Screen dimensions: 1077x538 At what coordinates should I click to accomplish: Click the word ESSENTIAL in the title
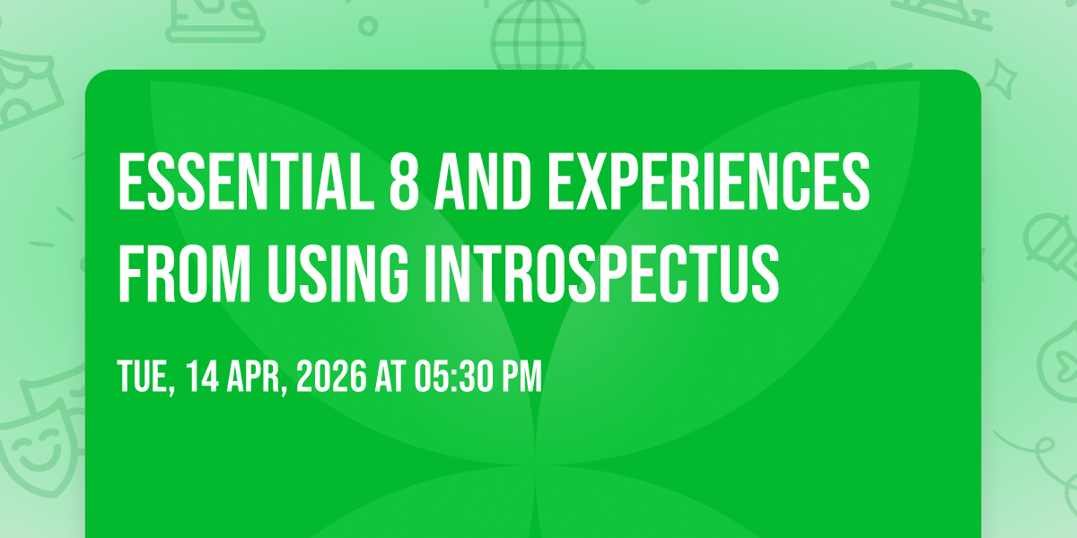[x=246, y=181]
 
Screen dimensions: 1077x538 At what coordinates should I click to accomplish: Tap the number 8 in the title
[x=404, y=181]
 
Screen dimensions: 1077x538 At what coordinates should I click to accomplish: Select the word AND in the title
[x=483, y=181]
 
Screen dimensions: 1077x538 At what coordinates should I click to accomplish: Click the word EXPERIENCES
[x=709, y=181]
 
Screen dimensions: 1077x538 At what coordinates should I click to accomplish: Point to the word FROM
[x=185, y=273]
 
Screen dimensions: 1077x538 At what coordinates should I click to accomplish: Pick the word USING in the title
[x=338, y=273]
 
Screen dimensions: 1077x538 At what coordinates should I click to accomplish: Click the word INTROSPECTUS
[x=602, y=273]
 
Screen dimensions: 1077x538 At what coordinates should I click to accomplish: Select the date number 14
[x=203, y=376]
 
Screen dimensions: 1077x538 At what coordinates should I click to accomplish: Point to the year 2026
[x=331, y=376]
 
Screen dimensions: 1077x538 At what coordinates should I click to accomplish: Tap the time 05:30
[x=454, y=376]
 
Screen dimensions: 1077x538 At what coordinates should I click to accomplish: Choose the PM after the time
[x=522, y=376]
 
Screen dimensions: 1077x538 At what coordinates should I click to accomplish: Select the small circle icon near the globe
[x=368, y=26]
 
